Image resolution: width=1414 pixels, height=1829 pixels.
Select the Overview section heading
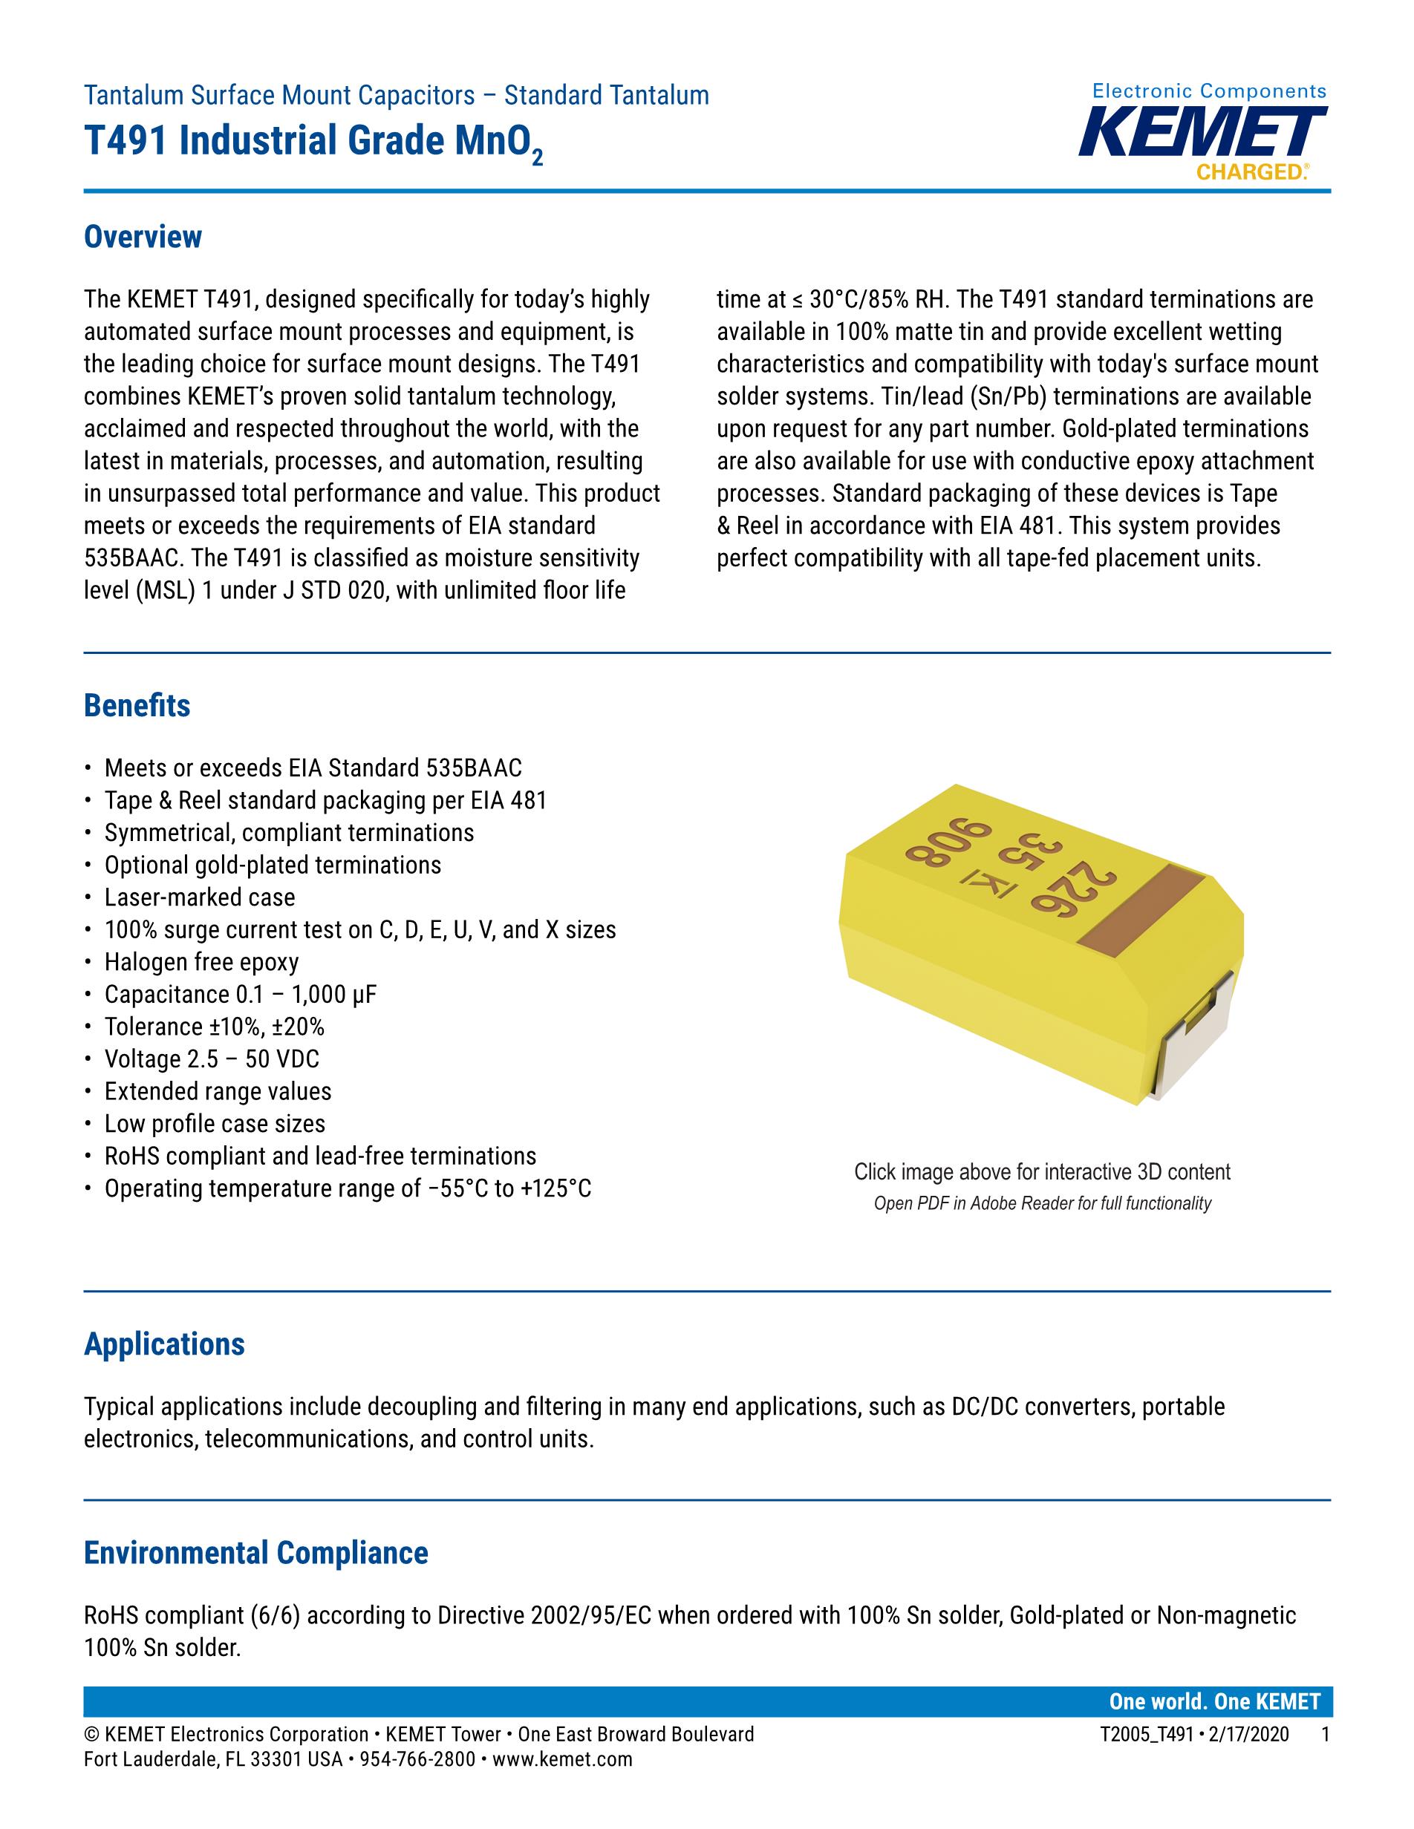click(143, 237)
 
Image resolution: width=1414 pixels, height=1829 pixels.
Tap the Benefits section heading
click(137, 706)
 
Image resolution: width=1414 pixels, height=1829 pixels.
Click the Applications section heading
click(164, 1344)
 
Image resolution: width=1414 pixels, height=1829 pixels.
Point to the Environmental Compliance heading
click(255, 1553)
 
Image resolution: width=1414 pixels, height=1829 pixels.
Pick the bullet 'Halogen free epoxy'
click(201, 962)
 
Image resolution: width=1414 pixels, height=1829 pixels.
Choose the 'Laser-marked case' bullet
click(199, 897)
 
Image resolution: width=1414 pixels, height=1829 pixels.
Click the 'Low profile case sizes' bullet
click(215, 1124)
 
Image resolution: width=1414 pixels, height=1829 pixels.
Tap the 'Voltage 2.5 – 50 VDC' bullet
click(211, 1059)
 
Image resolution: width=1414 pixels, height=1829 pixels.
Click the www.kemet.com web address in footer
click(562, 1759)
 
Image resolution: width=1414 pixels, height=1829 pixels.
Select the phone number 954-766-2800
click(417, 1759)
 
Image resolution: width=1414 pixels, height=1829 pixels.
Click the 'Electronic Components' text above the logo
click(1210, 91)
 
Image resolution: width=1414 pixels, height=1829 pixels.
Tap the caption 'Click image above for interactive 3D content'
click(1042, 1171)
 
